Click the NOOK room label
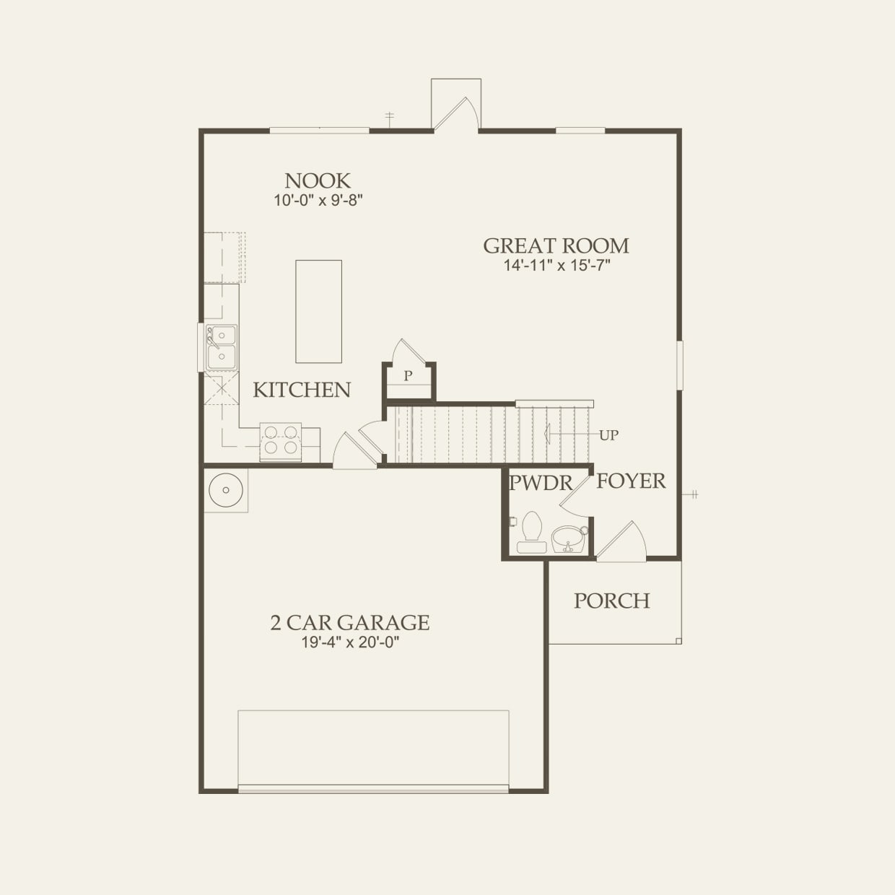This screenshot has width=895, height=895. [x=318, y=180]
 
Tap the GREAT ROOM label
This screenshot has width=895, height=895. [x=556, y=246]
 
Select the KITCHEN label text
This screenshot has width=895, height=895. [x=302, y=390]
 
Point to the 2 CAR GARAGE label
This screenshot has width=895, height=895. [x=350, y=622]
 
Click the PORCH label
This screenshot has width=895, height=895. [x=612, y=601]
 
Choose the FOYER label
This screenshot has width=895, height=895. [x=631, y=481]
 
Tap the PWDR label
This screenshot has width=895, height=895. [x=541, y=483]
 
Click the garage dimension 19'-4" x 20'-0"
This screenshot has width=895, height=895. [x=350, y=642]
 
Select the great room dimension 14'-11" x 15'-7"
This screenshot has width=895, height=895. [x=556, y=266]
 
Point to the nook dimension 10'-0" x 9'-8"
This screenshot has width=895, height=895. [x=318, y=200]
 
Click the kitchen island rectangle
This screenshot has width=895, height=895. [x=318, y=312]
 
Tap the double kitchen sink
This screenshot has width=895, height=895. [x=220, y=347]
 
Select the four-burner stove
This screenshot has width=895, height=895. [x=281, y=440]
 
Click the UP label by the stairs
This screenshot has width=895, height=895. [x=608, y=435]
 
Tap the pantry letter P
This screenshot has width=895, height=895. [x=408, y=376]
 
